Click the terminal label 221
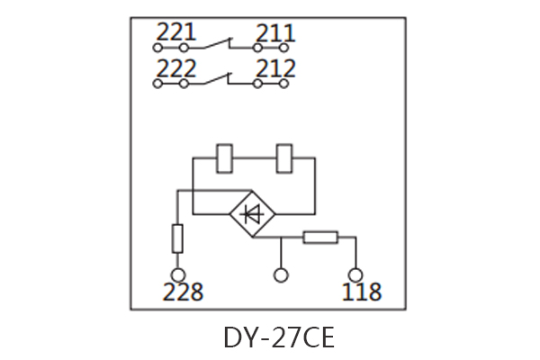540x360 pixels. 175,33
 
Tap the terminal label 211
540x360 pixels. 275,34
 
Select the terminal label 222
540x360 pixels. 175,69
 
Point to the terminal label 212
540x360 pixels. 275,69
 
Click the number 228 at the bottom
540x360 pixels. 183,292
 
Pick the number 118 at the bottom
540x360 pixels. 361,292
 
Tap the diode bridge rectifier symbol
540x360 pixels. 253,214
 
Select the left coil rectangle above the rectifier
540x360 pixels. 226,157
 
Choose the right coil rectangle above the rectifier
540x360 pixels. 285,157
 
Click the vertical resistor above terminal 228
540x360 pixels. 178,238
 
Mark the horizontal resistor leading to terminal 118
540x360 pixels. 320,238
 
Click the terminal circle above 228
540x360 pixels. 178,275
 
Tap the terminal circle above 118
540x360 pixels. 355,275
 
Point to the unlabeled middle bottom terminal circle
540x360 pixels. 281,275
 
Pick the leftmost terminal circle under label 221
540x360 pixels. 158,47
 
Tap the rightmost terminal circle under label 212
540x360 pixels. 285,84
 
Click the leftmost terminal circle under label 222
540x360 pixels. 158,84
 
